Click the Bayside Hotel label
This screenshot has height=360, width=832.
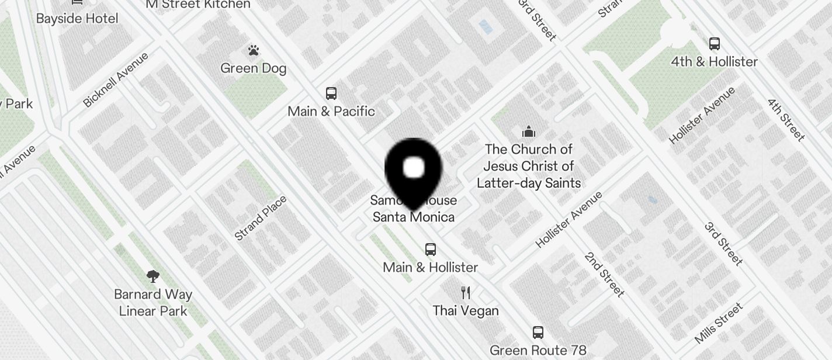(x=77, y=18)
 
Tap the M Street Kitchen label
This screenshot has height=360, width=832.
(x=197, y=5)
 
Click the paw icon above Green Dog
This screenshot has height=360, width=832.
(x=253, y=51)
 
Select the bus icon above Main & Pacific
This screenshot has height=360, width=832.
(x=331, y=94)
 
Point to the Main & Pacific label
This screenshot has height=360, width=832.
(x=331, y=111)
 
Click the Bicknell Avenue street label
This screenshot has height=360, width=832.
(x=116, y=80)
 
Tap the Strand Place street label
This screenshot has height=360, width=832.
(x=261, y=219)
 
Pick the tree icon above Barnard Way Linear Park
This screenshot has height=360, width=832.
(x=153, y=276)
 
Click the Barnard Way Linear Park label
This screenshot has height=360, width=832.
(x=153, y=303)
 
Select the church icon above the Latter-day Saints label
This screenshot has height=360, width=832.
(x=529, y=131)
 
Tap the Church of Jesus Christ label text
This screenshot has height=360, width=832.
(x=529, y=166)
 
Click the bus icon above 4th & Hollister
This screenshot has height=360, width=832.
(x=714, y=44)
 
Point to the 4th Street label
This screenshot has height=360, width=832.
(x=786, y=120)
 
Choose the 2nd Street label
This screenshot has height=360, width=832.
(x=604, y=275)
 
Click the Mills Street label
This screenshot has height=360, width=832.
(x=719, y=323)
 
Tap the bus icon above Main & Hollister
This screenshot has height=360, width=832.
(x=431, y=250)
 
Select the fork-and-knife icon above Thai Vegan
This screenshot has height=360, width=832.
(x=466, y=292)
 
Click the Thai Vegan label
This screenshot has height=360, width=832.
(x=466, y=310)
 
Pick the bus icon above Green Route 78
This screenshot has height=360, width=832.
(x=538, y=333)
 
